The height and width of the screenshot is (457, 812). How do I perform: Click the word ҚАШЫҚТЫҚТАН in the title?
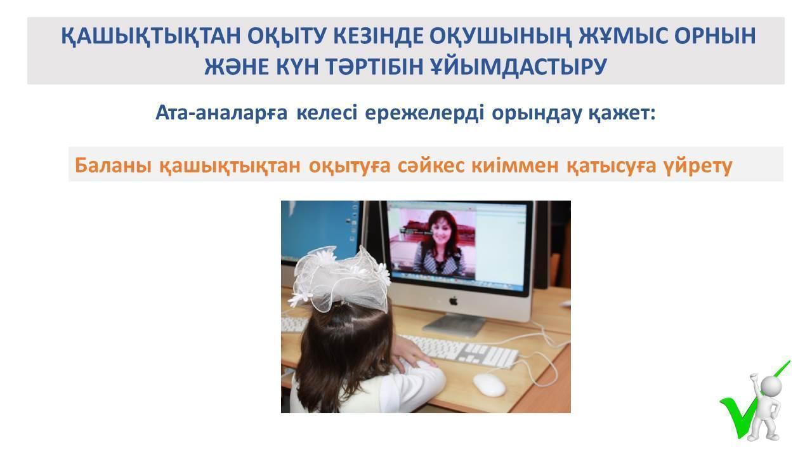[151, 36]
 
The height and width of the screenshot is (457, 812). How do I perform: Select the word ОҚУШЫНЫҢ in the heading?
[501, 36]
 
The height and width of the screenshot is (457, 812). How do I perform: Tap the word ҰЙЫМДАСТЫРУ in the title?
[519, 67]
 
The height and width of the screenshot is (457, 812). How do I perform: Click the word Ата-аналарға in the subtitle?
[221, 113]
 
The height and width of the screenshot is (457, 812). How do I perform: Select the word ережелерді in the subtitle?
[424, 114]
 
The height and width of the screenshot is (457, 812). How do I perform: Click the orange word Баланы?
[113, 166]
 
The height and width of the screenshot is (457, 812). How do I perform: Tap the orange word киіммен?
[514, 166]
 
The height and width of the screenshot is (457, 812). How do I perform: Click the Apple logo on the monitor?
[454, 301]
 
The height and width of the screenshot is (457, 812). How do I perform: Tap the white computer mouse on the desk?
[489, 385]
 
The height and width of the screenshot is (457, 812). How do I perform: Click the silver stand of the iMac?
[455, 324]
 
